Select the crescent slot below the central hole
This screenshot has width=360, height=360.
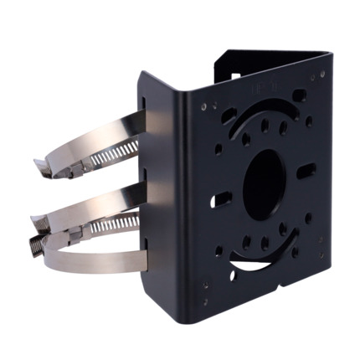coord(261,266)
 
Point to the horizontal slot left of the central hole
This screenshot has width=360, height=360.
coord(223,201)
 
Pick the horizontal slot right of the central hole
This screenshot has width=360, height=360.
coord(305,171)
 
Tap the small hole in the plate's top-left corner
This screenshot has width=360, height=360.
coord(204,106)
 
